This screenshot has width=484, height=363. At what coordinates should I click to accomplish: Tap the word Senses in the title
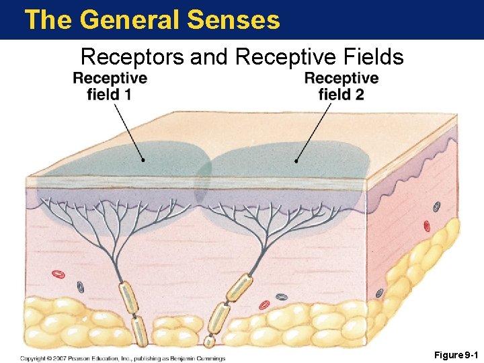[234, 19]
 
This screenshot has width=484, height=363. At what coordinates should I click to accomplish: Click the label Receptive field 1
[110, 86]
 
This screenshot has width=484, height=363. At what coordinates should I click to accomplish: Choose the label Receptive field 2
[341, 86]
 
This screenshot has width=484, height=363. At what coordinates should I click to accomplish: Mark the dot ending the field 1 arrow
[143, 160]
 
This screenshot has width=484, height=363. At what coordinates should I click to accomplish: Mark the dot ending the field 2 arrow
[296, 161]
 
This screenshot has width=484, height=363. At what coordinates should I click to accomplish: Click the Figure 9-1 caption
[455, 354]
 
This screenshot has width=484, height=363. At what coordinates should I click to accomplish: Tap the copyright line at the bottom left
[122, 358]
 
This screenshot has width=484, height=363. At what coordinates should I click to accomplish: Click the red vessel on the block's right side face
[426, 227]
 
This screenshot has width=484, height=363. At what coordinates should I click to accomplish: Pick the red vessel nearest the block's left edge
[58, 274]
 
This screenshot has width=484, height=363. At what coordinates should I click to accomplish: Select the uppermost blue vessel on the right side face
[436, 207]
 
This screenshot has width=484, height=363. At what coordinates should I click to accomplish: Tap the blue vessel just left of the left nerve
[80, 286]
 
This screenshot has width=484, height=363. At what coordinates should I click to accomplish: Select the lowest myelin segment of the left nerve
[138, 331]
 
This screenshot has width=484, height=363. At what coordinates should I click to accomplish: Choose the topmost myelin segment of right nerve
[239, 287]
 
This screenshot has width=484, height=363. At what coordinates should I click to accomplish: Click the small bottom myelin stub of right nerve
[209, 341]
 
